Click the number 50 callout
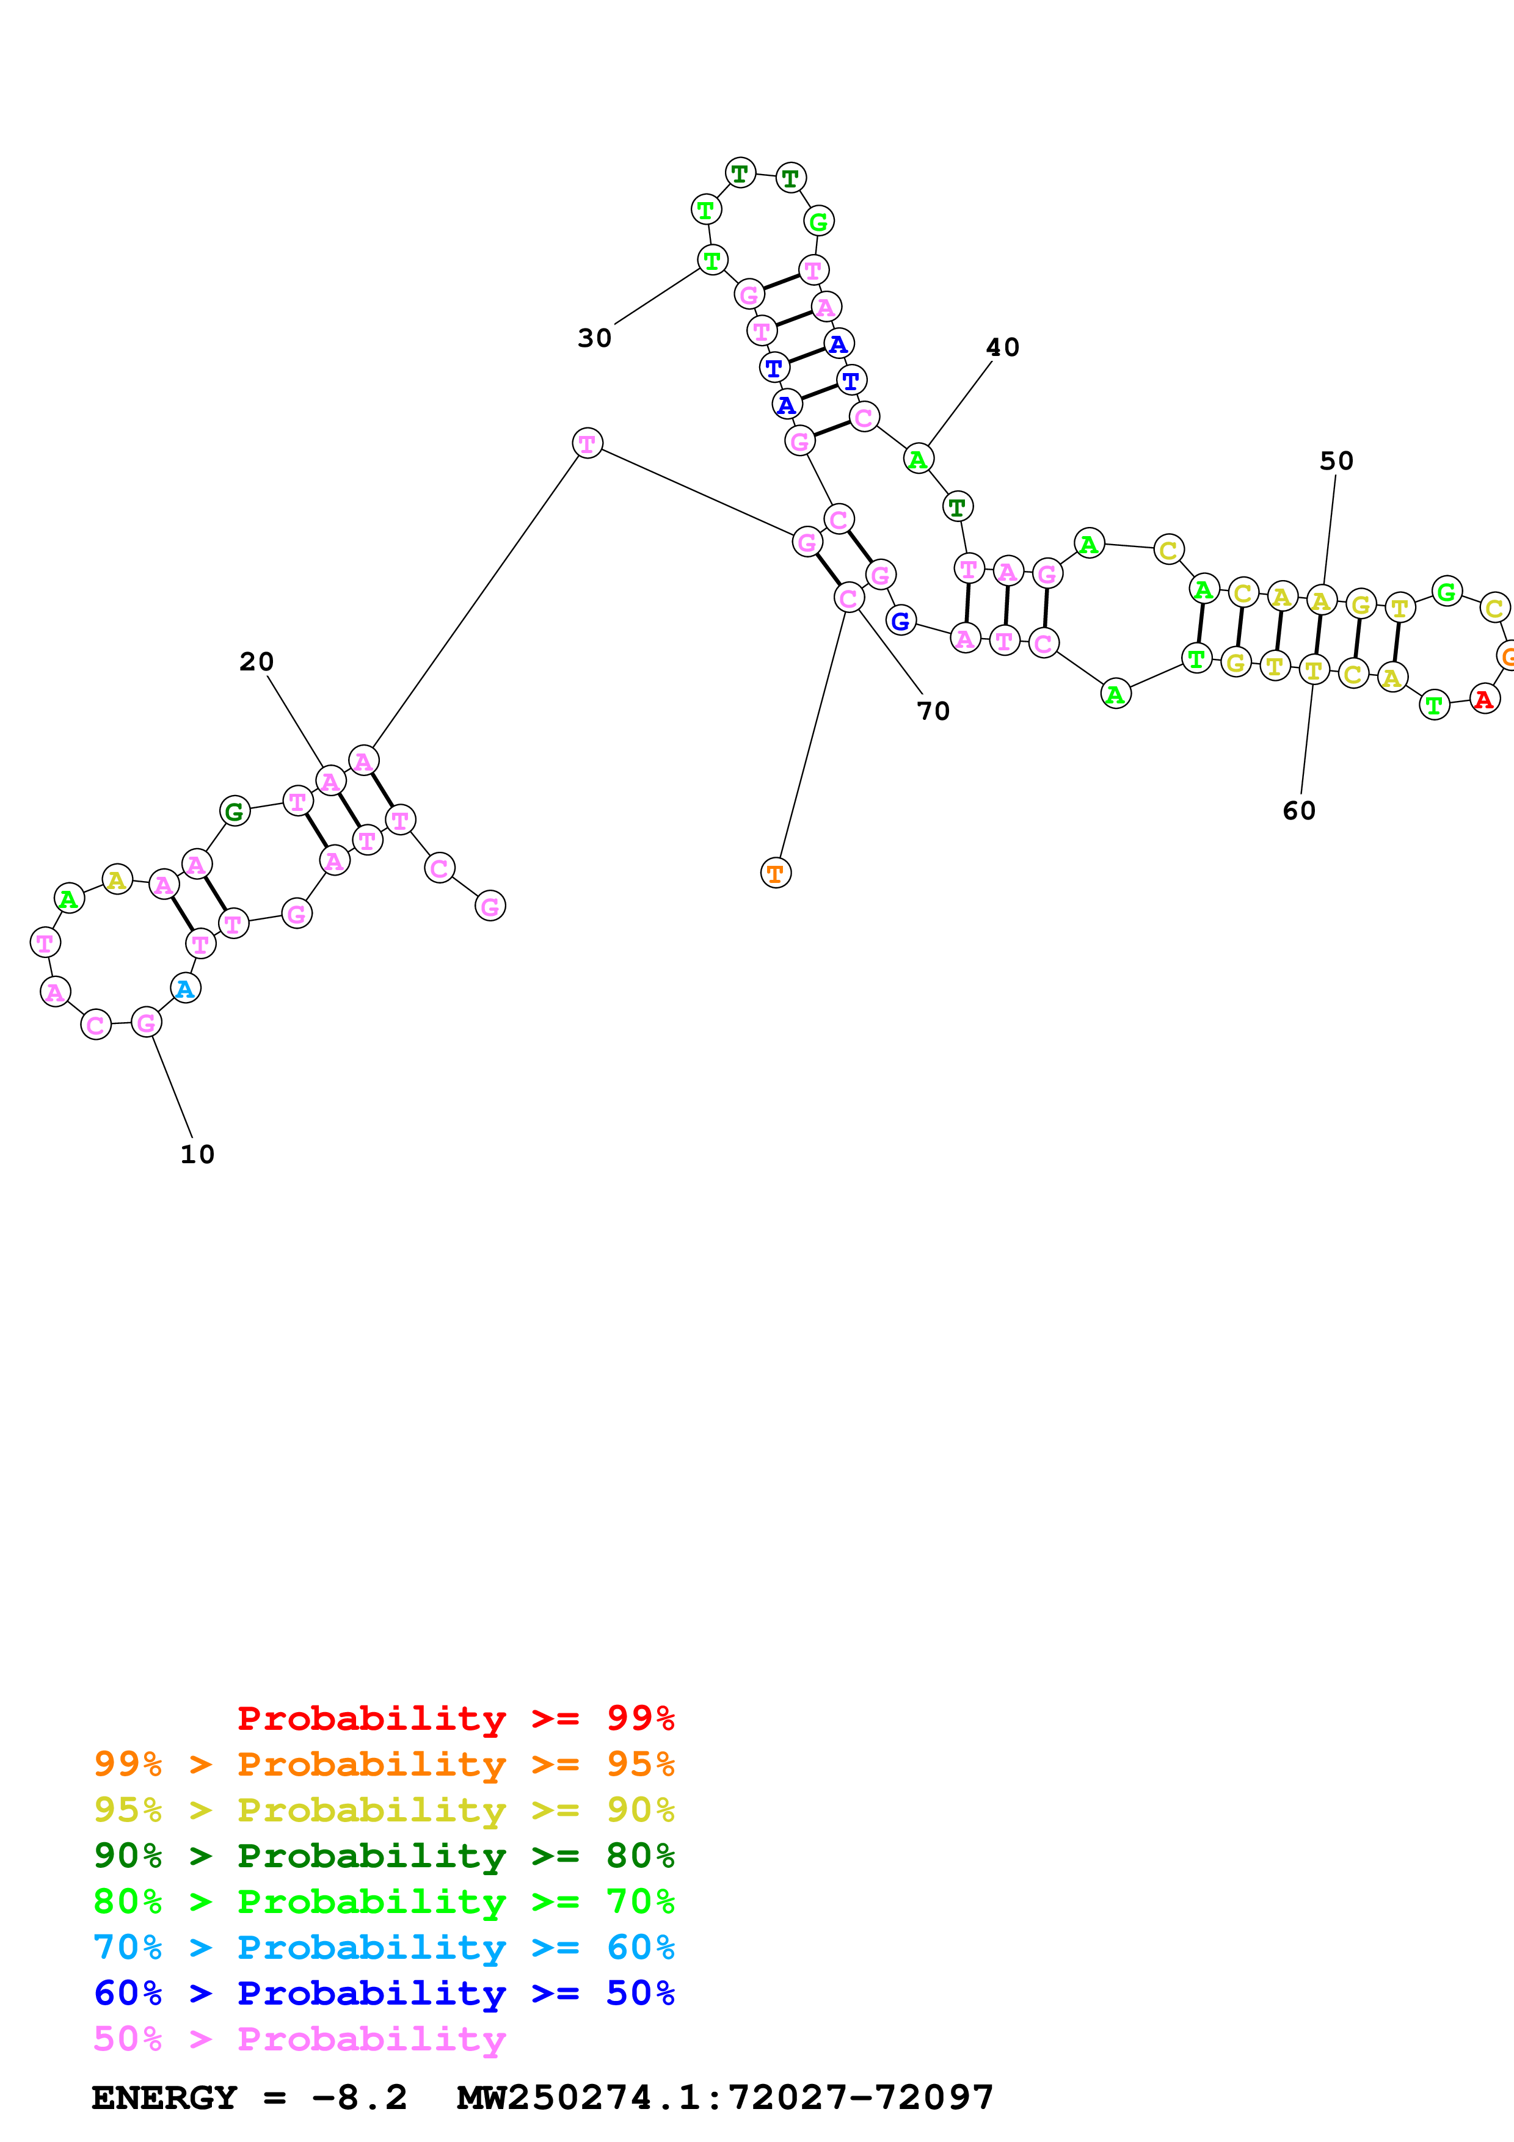(1336, 462)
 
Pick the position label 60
(1298, 811)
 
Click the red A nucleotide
(1483, 699)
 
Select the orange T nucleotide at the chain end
(775, 873)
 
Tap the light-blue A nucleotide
(186, 989)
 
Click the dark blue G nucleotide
(900, 620)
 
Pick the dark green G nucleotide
(234, 811)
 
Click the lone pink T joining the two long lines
(587, 443)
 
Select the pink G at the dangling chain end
(490, 906)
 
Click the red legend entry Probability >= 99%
(455, 1718)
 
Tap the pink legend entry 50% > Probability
(299, 2039)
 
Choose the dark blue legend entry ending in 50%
(384, 1994)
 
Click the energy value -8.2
(359, 2098)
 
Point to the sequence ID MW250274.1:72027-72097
(725, 2098)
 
